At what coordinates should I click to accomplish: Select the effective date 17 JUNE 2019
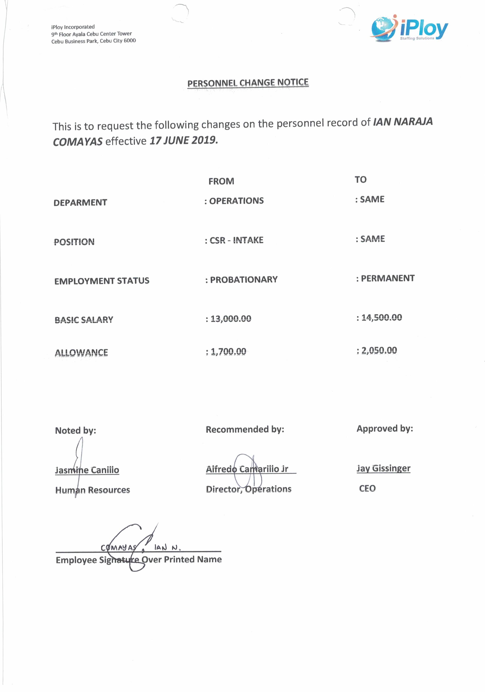184,141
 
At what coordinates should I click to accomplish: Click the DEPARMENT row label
80,203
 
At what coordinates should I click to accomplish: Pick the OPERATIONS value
236,201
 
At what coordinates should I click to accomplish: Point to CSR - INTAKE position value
236,240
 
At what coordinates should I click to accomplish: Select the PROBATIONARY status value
244,280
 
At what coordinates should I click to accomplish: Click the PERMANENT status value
388,278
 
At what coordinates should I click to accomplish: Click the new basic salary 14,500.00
381,317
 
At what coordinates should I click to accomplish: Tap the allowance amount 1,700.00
228,351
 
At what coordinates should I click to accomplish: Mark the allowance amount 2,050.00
379,350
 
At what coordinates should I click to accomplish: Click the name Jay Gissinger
383,468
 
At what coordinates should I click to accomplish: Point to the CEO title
367,488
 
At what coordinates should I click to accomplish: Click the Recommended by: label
245,429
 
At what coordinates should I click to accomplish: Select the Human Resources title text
93,490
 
